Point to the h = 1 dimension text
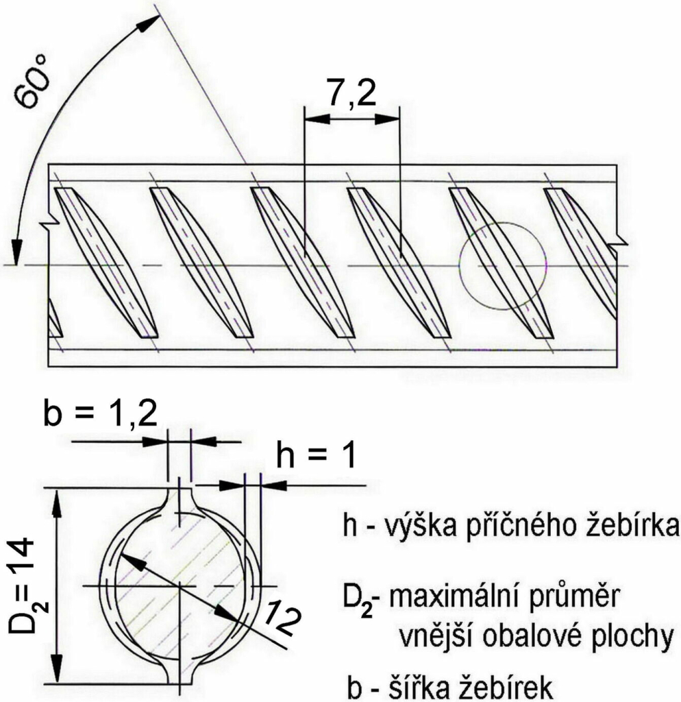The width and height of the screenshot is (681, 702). coord(316,455)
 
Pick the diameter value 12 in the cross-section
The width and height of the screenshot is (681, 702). coord(282,618)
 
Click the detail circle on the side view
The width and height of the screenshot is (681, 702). coord(503,265)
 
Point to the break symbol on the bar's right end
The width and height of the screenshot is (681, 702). coord(620,240)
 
